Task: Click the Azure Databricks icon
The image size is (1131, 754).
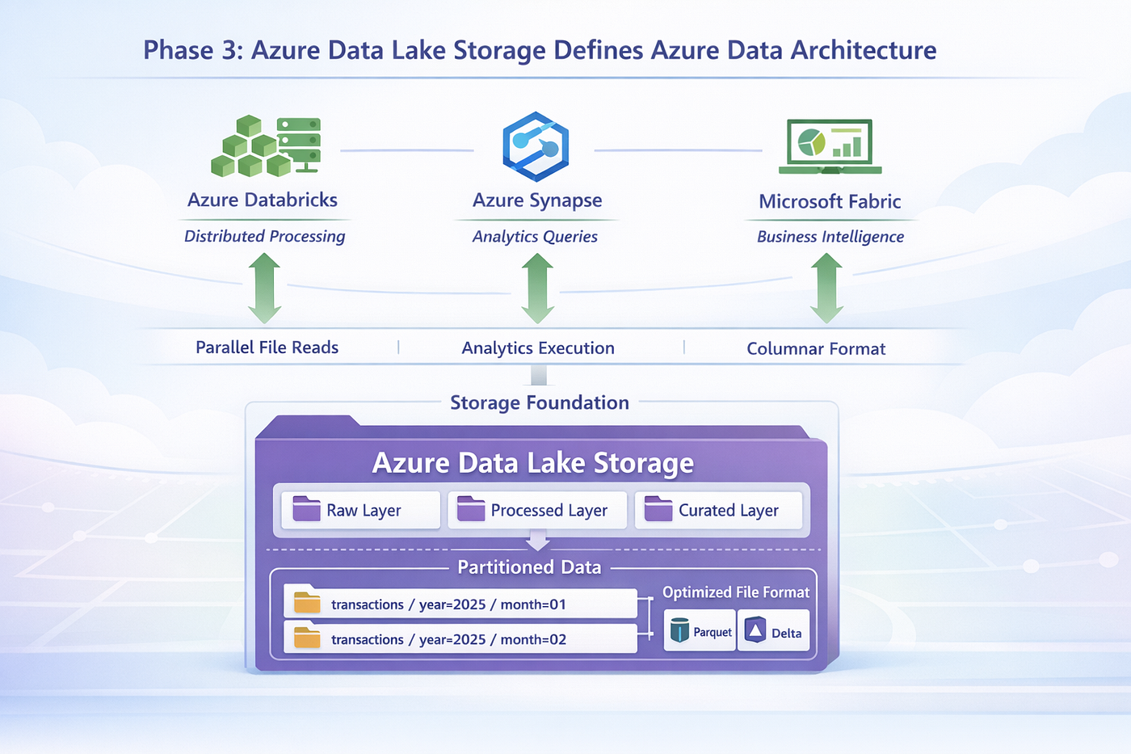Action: tap(266, 146)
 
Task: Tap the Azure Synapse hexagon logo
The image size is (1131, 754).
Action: tap(536, 146)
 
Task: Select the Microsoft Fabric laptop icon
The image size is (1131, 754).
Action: tap(830, 146)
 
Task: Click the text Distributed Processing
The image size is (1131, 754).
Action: tap(265, 236)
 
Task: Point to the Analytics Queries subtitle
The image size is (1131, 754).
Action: tap(535, 236)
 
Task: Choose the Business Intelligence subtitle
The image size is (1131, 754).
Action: tap(830, 237)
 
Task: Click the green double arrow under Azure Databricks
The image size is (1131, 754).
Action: tap(264, 289)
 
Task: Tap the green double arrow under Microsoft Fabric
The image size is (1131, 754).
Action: tap(826, 289)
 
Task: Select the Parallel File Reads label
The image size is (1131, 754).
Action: tap(267, 348)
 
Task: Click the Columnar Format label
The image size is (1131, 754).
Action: tap(816, 348)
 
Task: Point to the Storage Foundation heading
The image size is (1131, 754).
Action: tap(540, 402)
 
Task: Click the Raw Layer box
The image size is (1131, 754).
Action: tap(360, 510)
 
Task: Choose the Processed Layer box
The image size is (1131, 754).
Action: tap(537, 510)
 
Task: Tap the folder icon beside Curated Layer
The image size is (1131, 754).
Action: tap(658, 508)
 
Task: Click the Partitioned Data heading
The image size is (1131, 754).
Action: tap(529, 567)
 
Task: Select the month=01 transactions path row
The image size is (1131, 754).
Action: tap(460, 603)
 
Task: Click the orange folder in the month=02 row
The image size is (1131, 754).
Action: tap(307, 638)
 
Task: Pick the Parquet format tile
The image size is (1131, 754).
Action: tap(700, 631)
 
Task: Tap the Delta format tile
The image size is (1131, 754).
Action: tap(774, 631)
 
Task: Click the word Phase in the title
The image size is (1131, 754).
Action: tap(179, 50)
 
